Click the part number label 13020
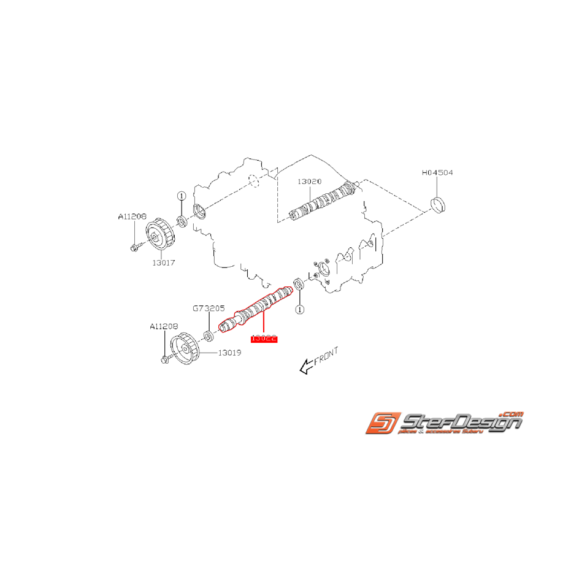pos(310,182)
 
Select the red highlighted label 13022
pos(264,338)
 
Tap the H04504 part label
pos(437,174)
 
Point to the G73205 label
pos(209,310)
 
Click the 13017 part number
pos(164,262)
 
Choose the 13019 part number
pos(229,353)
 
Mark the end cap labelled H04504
pos(439,205)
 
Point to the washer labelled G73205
pos(209,335)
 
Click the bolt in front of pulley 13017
pos(135,247)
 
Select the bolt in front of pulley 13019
pos(165,360)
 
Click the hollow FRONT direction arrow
pos(305,367)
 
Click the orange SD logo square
pos(383,424)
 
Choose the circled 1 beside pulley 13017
pos(182,196)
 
